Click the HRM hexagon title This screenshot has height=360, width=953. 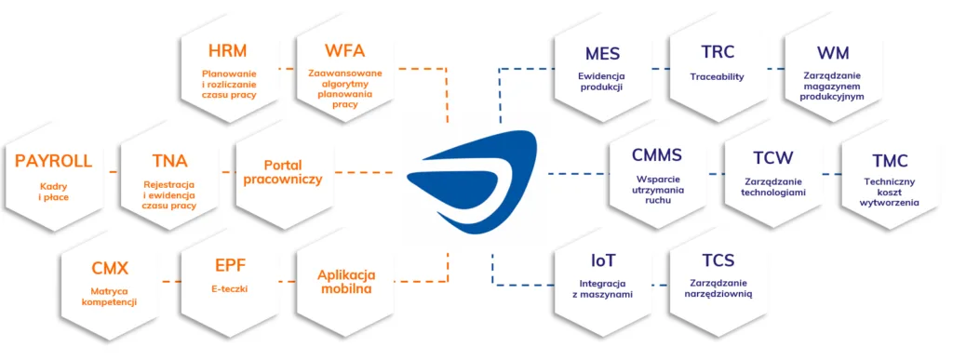pyautogui.click(x=228, y=51)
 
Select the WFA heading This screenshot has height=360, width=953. pyautogui.click(x=344, y=51)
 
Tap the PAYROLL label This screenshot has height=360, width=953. pyautogui.click(x=54, y=162)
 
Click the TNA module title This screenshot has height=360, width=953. pyautogui.click(x=169, y=162)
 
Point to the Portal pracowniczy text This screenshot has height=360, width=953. pyautogui.click(x=283, y=170)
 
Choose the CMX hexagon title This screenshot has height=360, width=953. pyautogui.click(x=110, y=269)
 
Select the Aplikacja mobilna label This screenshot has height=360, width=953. pyautogui.click(x=345, y=281)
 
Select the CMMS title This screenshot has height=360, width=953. pyautogui.click(x=657, y=155)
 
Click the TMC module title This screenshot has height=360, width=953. pyautogui.click(x=890, y=162)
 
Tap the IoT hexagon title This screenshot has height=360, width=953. pyautogui.click(x=602, y=261)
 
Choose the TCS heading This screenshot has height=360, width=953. pyautogui.click(x=718, y=261)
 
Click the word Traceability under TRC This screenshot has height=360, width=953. pyautogui.click(x=717, y=76)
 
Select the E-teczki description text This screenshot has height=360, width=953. pyautogui.click(x=229, y=289)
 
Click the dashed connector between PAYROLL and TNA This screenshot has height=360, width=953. pyautogui.click(x=112, y=172)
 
